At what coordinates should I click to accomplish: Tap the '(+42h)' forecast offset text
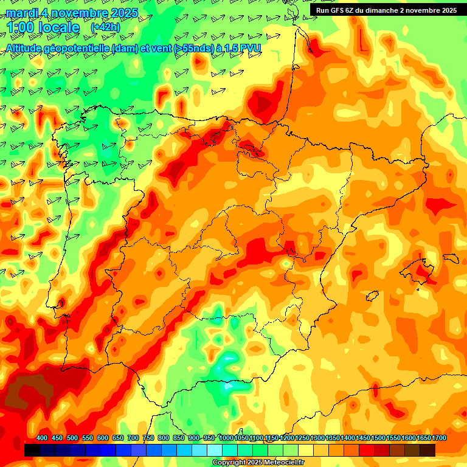coord(105,27)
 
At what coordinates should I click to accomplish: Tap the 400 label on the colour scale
coord(42,438)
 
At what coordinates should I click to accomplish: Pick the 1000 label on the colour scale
coord(226,438)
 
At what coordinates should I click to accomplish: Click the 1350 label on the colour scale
coord(332,438)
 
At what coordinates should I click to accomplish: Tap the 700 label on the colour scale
coord(133,438)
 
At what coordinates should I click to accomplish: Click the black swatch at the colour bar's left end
coord(32,450)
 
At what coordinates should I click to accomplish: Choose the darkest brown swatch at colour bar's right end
coord(427,450)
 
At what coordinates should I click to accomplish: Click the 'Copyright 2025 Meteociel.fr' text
coord(258,463)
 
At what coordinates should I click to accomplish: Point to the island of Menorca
coord(451,258)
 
